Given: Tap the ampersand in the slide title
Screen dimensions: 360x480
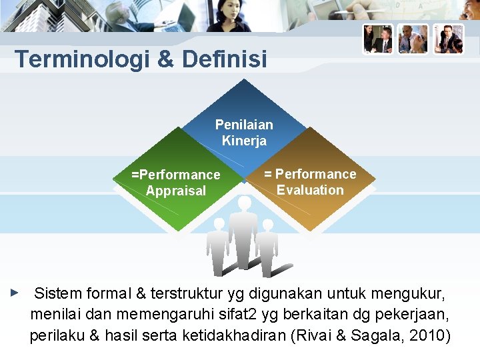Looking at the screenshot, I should coord(165,59).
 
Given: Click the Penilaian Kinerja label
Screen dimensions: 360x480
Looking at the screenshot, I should coord(244,132).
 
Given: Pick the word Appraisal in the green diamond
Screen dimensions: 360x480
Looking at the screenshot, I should coord(176,191).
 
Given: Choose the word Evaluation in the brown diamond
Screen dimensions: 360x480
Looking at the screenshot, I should coord(310,190).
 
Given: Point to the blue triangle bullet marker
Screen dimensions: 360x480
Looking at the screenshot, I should coord(15,292).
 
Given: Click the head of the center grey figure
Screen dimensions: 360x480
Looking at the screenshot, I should coord(245,203).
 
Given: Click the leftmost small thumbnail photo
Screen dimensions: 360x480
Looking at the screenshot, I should coord(378,39).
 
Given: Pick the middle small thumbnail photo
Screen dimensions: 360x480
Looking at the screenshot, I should coord(413,39).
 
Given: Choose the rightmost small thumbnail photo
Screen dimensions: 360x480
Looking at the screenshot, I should coord(448,39).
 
